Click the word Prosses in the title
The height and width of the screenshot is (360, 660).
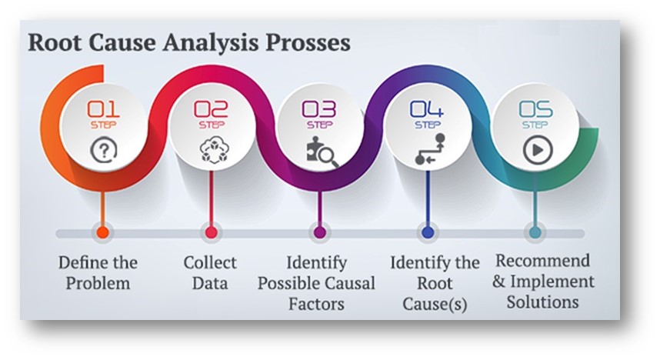tap(308, 43)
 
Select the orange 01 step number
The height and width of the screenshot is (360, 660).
tap(103, 109)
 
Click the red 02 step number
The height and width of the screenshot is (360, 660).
tap(211, 109)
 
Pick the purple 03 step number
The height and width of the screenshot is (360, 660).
tap(319, 109)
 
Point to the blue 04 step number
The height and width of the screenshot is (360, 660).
tap(427, 109)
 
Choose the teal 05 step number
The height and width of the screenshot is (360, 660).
tap(535, 109)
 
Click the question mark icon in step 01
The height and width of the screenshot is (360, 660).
tap(104, 151)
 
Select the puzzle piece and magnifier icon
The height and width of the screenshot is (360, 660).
tap(322, 152)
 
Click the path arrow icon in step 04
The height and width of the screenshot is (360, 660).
tap(429, 148)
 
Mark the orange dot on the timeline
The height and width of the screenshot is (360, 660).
tap(103, 232)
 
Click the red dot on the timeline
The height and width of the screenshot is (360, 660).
tap(211, 232)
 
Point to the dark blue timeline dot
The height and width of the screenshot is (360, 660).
tap(428, 232)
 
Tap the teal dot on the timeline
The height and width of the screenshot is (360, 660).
tap(535, 232)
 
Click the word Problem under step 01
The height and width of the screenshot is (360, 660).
tap(98, 283)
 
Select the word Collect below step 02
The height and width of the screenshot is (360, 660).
tap(210, 262)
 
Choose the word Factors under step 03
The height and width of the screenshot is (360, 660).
tap(316, 304)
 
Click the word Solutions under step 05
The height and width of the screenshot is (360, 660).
tap(542, 302)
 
